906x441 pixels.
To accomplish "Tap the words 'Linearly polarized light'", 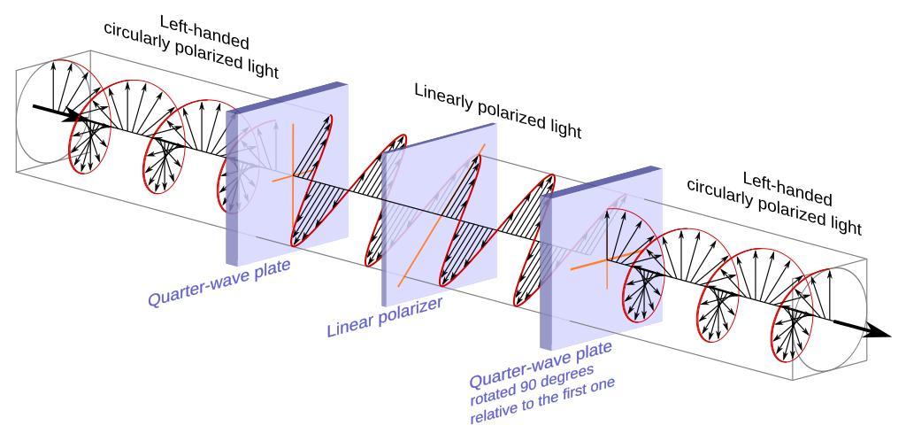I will coord(497,112).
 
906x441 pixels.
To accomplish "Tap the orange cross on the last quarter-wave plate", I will coord(603,259).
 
